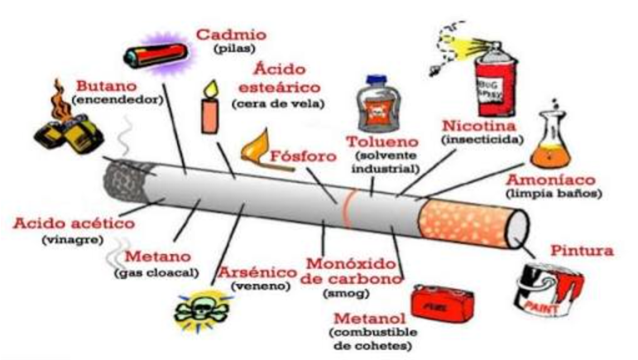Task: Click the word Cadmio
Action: tap(231, 35)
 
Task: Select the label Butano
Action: tap(107, 86)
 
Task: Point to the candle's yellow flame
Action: tap(211, 89)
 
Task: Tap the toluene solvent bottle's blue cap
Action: tap(377, 79)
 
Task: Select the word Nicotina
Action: tap(479, 125)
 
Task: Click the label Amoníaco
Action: tap(550, 180)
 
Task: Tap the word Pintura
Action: tap(582, 250)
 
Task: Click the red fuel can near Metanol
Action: tap(443, 302)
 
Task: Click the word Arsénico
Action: tap(258, 271)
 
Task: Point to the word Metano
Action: tap(158, 257)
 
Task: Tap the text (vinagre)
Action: tap(73, 240)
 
